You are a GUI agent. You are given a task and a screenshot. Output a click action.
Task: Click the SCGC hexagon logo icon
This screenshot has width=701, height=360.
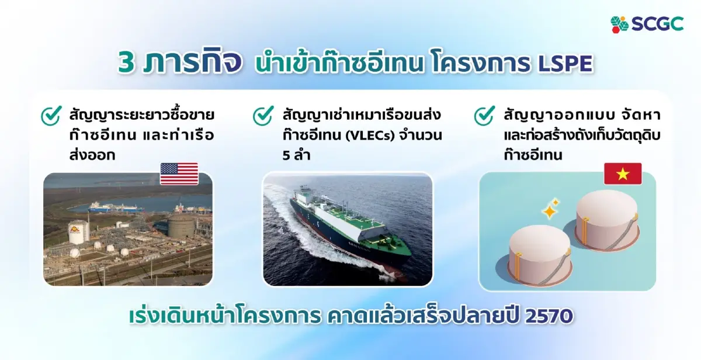pos(620,24)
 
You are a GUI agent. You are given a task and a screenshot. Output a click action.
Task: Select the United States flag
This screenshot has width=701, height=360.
pos(179,174)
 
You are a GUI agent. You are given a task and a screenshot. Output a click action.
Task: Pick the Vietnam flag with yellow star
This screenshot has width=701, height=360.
pos(623,174)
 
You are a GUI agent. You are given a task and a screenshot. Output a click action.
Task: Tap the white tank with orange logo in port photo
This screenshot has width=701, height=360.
pos(78,231)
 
